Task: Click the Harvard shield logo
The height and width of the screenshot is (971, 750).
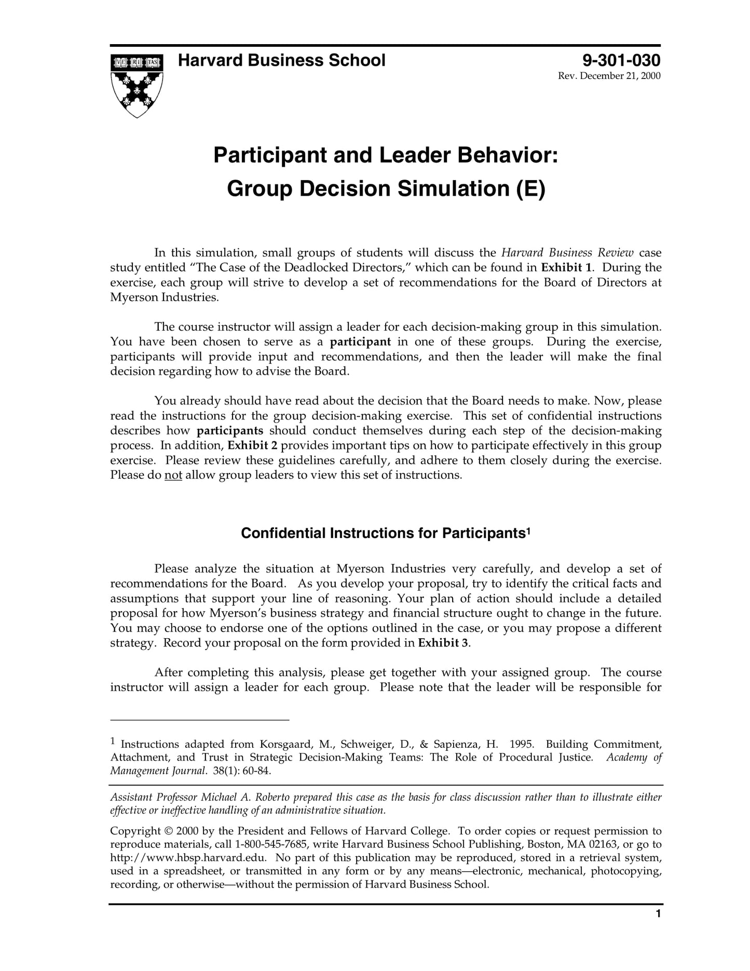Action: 137,85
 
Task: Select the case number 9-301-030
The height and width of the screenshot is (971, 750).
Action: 621,61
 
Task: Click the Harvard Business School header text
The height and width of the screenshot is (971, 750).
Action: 281,61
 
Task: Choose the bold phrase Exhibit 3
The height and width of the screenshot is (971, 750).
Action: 443,643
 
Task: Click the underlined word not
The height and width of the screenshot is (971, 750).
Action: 173,475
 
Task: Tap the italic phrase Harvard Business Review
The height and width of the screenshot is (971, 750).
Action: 567,253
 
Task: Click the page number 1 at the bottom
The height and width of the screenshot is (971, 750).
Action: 658,928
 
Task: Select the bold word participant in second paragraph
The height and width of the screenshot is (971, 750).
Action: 360,342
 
